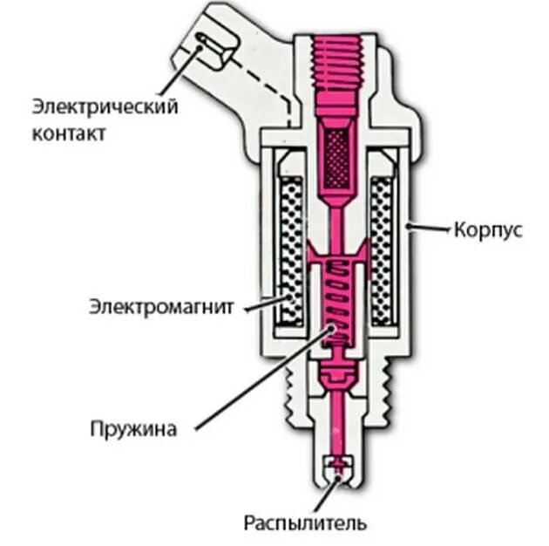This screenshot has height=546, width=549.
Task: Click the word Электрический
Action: (105, 107)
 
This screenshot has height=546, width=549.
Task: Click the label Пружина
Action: (132, 429)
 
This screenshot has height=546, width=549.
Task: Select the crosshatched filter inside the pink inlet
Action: (335, 157)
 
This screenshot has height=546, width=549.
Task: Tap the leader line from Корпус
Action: (430, 229)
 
